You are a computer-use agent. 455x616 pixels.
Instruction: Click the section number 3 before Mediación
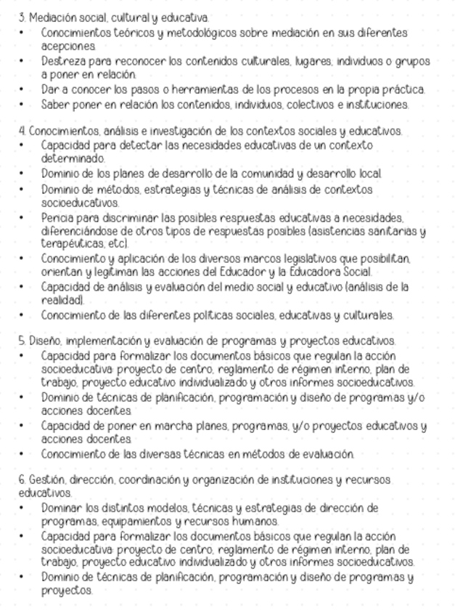21,16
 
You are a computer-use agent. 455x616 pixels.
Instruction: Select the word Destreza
60,61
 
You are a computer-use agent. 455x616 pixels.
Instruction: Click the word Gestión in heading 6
37,480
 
